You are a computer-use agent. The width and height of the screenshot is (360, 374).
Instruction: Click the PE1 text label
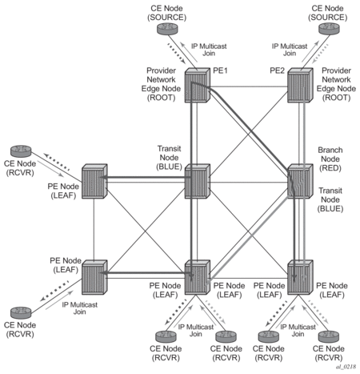coord(220,70)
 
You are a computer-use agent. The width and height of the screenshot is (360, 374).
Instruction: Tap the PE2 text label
coord(277,70)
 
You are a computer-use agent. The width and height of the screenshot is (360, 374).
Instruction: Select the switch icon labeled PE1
coord(198,85)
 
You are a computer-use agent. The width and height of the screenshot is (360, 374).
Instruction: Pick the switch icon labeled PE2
coord(300,85)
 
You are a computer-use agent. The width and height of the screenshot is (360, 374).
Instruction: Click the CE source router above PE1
coord(167,29)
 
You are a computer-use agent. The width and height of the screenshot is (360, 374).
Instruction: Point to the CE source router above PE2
coord(329,29)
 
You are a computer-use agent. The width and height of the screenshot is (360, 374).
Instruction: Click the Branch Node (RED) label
coord(330,159)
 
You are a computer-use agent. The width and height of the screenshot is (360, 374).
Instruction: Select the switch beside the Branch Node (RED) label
coord(300,181)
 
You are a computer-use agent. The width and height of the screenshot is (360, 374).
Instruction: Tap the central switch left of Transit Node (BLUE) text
coord(198,181)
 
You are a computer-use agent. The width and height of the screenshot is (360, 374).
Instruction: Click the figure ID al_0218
coord(346,367)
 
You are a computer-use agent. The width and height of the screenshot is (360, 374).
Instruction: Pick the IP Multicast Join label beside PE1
coord(209,50)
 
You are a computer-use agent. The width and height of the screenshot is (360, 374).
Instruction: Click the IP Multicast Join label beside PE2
coord(290,50)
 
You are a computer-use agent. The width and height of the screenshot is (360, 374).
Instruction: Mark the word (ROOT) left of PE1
coord(161,98)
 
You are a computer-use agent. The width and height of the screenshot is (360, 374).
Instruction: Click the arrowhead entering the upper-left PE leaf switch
coord(104,177)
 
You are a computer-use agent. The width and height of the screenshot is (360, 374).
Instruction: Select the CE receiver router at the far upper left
coord(21,151)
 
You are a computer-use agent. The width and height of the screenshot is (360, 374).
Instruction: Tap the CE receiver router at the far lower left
coord(21,312)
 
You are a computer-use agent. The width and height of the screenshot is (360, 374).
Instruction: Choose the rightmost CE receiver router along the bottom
coord(329,336)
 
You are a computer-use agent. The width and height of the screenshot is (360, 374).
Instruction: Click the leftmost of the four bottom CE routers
coord(166,336)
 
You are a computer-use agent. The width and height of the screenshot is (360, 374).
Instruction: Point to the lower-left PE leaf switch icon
coord(94,277)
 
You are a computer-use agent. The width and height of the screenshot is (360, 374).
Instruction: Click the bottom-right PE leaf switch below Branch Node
coord(300,277)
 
